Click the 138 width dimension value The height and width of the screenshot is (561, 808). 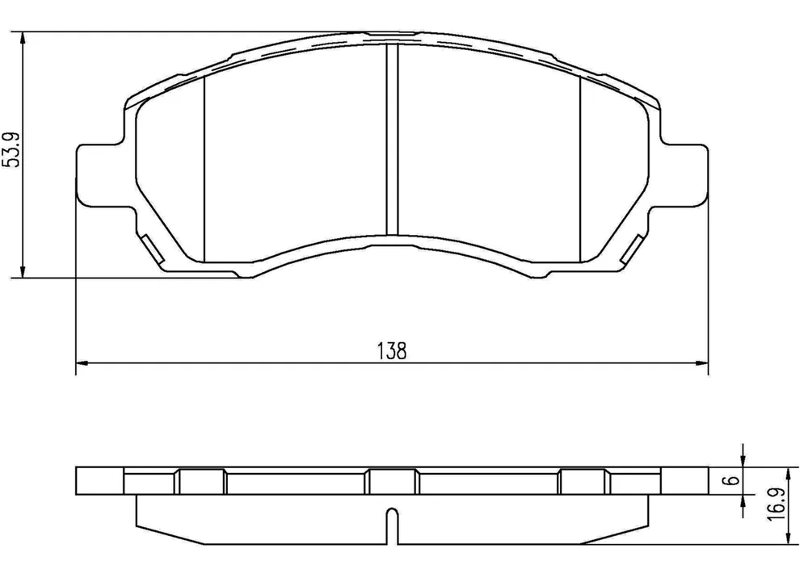coord(392,351)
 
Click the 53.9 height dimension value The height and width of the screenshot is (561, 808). coord(11,150)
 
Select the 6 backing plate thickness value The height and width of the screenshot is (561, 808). coord(734,481)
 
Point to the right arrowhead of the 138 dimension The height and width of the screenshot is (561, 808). coord(702,363)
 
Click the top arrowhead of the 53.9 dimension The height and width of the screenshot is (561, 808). coord(22,39)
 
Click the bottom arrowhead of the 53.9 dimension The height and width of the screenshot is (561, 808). coord(22,271)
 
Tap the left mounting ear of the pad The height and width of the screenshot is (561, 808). coord(101,175)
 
